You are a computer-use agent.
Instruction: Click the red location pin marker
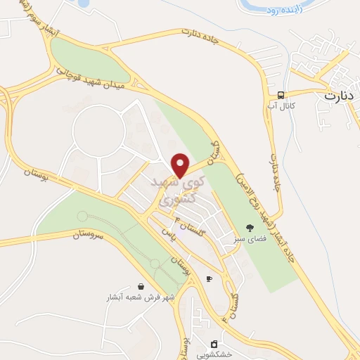(x=181, y=165)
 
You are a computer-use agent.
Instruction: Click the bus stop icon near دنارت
(x=281, y=95)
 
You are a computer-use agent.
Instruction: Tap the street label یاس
(x=167, y=231)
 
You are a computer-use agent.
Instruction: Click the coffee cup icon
(x=209, y=279)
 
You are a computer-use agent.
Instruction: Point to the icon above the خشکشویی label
(x=214, y=344)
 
